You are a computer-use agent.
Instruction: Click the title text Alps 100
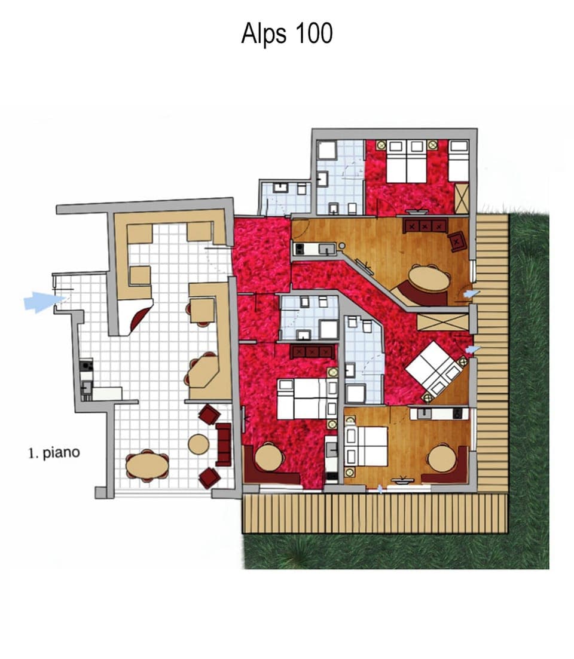[286, 33]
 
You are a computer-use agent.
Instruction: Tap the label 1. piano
[54, 453]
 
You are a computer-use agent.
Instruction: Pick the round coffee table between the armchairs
[199, 444]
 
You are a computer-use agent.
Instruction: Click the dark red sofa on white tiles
[224, 444]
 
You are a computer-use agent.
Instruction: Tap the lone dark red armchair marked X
[458, 241]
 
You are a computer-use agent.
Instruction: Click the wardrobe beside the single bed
[461, 198]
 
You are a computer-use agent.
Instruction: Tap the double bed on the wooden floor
[367, 446]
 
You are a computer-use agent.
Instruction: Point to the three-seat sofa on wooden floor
[425, 226]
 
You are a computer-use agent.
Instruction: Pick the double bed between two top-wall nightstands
[406, 162]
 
